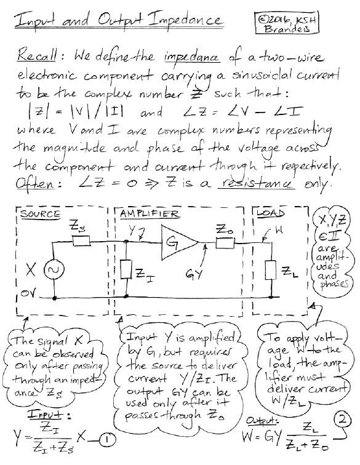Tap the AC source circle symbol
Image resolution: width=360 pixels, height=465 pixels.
pos(54,269)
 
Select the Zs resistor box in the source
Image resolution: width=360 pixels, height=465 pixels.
pos(81,241)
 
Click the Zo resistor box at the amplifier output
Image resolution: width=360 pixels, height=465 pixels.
pos(225,244)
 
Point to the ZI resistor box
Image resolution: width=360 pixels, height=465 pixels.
pos(126,269)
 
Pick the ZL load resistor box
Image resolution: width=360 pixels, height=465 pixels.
pos(271,269)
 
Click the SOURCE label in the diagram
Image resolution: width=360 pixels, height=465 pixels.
pos(40,214)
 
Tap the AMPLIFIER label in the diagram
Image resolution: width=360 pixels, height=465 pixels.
pos(150,213)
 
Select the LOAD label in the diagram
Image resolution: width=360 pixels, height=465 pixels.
pos(271,213)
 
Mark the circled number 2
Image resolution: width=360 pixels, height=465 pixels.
pos(343,420)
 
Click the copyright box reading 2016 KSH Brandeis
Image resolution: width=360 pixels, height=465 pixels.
pos(286,23)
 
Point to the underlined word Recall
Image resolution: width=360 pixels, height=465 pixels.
pos(36,55)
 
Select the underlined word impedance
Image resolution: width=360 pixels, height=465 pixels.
pos(192,57)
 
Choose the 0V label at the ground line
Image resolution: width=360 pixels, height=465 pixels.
pos(28,294)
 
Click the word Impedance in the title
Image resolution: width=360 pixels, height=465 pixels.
pos(186,20)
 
